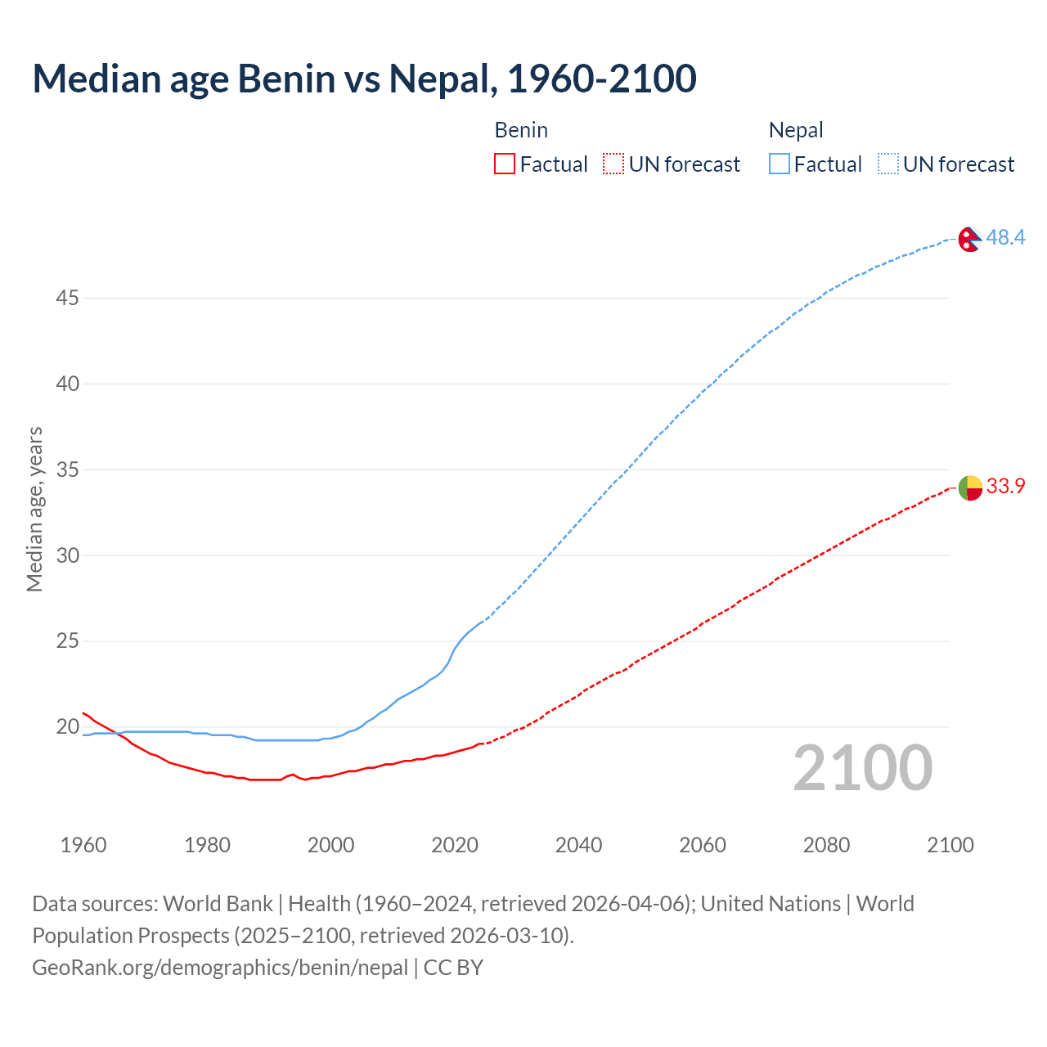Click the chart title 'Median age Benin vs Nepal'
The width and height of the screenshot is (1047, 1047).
tap(364, 79)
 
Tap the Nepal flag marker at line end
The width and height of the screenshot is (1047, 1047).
tap(969, 239)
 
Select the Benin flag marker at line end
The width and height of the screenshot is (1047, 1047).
tap(969, 488)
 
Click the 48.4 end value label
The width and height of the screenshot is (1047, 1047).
tap(1005, 237)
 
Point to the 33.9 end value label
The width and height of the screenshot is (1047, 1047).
tap(1005, 486)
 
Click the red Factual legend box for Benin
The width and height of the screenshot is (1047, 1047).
tap(505, 164)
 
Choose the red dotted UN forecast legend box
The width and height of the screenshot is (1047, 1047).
tap(613, 164)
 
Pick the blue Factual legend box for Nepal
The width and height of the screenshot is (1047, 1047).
tap(779, 164)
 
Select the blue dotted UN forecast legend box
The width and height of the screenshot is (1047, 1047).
tap(887, 164)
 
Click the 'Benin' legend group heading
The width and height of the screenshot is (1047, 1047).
tap(521, 130)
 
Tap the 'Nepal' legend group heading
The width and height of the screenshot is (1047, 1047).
tap(796, 130)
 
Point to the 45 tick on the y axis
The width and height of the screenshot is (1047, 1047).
tap(67, 299)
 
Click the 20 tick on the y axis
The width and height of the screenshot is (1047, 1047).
tap(67, 726)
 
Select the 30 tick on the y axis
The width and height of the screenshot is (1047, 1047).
tap(67, 555)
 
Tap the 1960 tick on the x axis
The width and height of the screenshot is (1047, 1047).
tap(83, 845)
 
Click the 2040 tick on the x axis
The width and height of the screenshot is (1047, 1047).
tap(578, 845)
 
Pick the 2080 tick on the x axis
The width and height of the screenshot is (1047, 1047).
tap(826, 845)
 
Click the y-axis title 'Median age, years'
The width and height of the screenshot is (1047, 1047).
tap(34, 509)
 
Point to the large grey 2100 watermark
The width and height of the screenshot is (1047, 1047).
tap(862, 767)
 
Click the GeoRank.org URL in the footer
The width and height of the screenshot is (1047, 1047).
tap(220, 968)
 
